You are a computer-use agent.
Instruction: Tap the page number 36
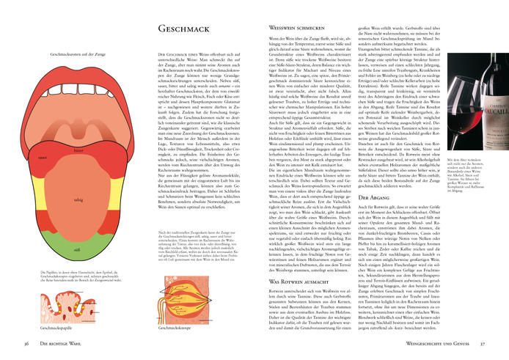tap(26, 343)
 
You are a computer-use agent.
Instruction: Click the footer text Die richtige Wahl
tap(67, 343)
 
